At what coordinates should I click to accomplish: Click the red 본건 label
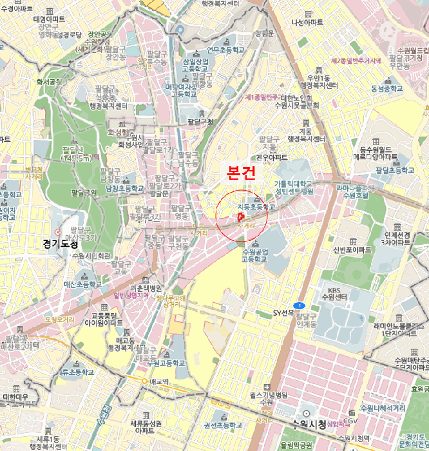click(x=242, y=173)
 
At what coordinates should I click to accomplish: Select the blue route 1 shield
click(x=298, y=305)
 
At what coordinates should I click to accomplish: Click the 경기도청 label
click(x=60, y=244)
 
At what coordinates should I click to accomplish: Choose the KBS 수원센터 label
click(x=338, y=293)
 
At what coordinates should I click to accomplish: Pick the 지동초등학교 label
click(x=256, y=207)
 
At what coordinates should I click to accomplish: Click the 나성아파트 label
click(x=307, y=23)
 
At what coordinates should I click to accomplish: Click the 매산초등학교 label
click(x=83, y=283)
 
